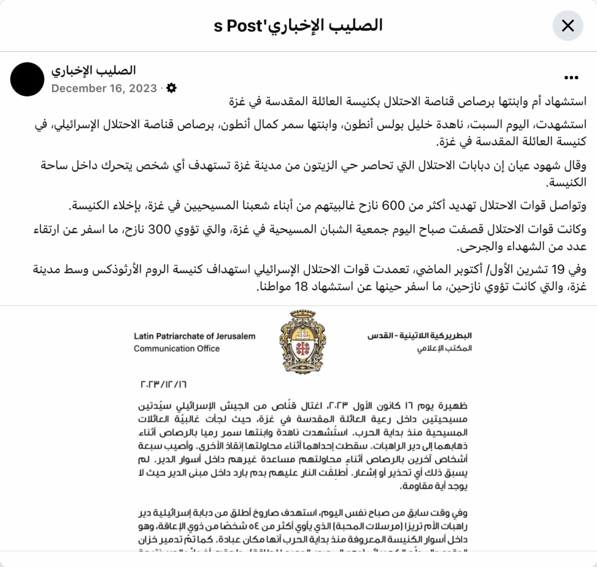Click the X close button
567,26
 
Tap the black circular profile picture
27,79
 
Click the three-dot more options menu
571,78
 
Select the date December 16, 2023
104,89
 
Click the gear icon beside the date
171,88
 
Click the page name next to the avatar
93,71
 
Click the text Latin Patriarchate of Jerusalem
194,336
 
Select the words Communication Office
177,348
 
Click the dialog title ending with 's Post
298,26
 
